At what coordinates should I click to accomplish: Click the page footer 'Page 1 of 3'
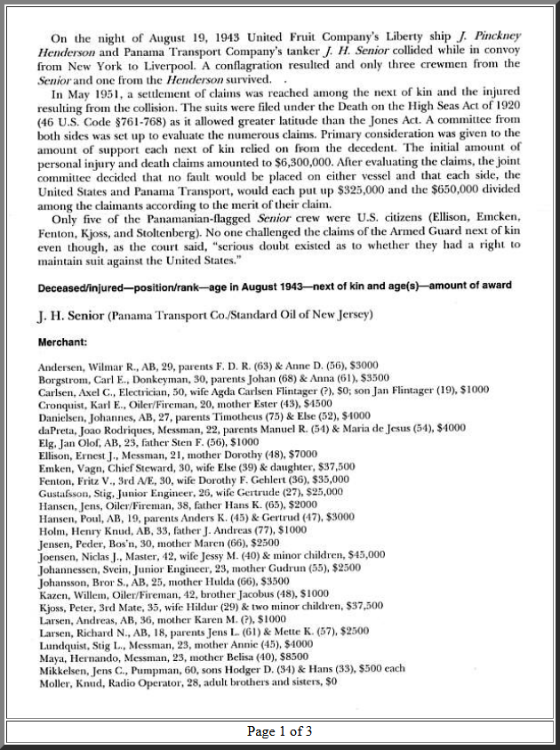coord(279,731)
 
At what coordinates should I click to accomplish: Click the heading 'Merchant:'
coord(62,342)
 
